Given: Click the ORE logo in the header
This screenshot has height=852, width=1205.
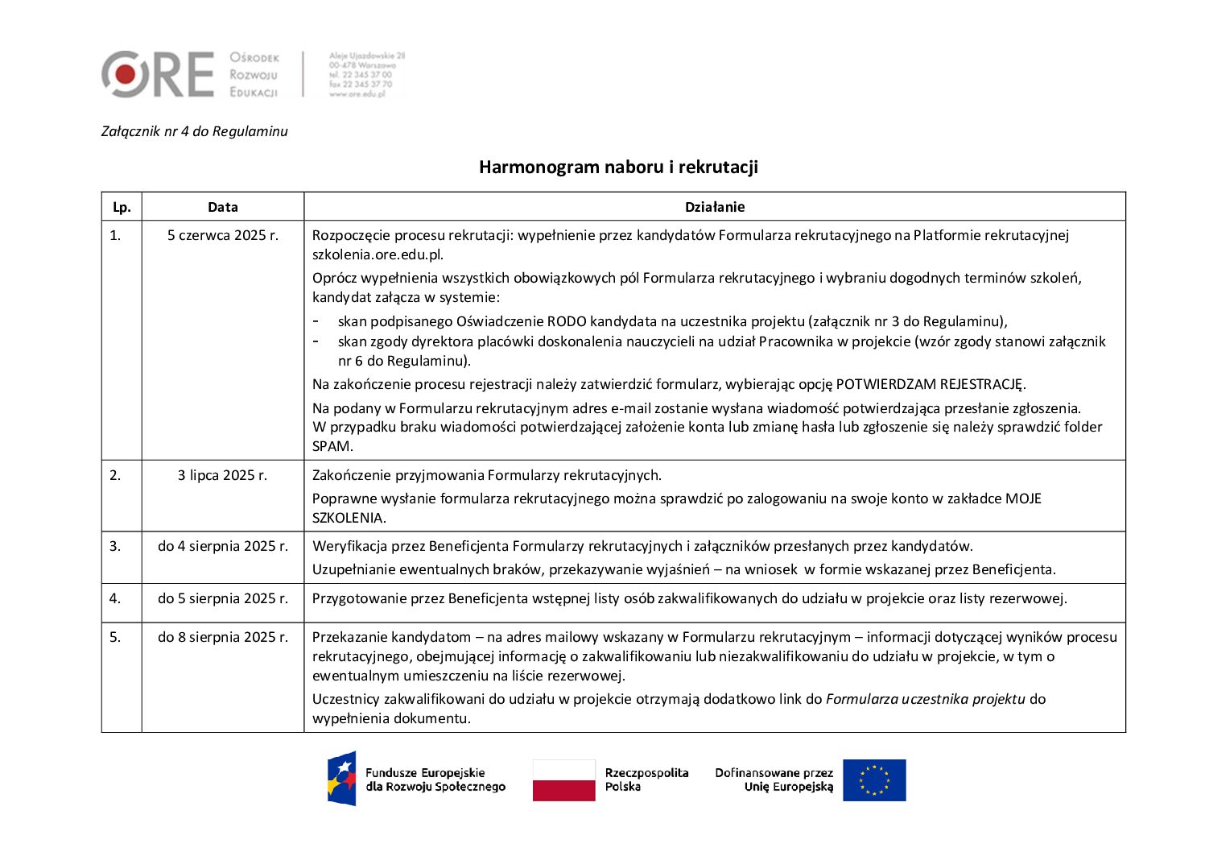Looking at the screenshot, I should [158, 74].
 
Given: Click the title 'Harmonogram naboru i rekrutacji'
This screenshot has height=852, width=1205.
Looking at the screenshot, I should [618, 167].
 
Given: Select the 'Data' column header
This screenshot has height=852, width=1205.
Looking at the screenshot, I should [223, 207].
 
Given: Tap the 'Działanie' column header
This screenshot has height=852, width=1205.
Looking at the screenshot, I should [715, 207].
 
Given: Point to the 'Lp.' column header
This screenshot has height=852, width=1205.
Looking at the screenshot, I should [122, 207].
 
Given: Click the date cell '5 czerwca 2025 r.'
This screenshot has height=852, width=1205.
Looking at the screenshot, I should [223, 235].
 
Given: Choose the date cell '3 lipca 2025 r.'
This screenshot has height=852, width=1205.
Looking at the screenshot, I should [223, 475].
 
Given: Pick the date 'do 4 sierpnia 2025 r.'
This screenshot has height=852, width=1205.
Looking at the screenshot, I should [223, 546].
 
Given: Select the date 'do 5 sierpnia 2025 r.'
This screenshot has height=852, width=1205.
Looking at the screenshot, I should [223, 598].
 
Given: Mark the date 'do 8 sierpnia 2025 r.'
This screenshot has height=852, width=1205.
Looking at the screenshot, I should [223, 637].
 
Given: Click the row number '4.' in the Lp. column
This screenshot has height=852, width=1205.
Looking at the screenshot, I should [115, 598].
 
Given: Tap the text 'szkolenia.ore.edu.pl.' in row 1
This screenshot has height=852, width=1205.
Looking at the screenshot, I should [378, 254].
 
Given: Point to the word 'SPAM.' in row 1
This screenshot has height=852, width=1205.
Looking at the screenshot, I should [332, 446].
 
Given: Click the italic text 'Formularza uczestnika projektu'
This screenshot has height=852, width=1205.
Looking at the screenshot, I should [925, 699].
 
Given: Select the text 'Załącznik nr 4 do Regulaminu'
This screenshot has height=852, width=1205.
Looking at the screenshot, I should [194, 131].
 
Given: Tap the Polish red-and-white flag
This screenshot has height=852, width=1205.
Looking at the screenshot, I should [563, 780].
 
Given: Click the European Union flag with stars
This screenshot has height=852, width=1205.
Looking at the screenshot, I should [874, 780].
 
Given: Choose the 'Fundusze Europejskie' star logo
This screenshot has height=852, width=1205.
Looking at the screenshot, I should [341, 779].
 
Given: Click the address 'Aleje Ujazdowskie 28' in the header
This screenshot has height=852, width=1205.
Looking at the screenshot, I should [367, 56].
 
